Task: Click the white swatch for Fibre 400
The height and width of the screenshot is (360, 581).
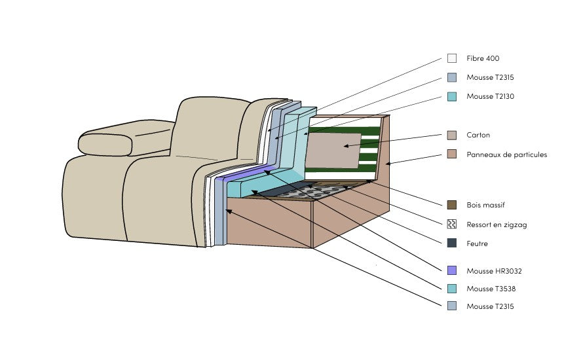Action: tap(452, 58)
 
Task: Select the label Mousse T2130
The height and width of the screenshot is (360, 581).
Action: tap(490, 96)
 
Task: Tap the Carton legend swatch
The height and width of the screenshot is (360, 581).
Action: tap(452, 135)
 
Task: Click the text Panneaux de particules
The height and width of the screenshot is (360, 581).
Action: tap(506, 154)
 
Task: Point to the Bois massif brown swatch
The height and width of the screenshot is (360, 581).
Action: tap(452, 205)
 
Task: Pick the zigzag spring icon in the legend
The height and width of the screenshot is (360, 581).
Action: tap(452, 225)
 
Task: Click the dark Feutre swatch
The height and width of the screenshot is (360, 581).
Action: tap(452, 243)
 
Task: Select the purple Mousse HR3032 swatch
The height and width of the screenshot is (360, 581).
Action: tap(452, 270)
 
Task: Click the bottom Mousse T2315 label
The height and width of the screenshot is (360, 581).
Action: tap(490, 306)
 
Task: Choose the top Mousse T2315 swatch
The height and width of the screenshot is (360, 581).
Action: tap(452, 77)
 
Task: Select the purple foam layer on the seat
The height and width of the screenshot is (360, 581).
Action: tap(246, 173)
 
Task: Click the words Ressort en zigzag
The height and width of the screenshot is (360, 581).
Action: tap(497, 225)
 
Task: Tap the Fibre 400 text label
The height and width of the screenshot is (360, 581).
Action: tap(483, 58)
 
